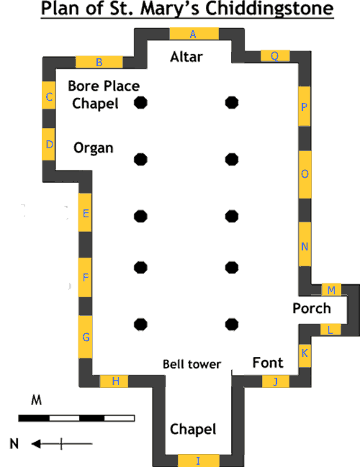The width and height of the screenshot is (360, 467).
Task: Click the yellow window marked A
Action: [x=194, y=34]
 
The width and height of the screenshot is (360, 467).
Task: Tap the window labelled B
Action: [x=99, y=63]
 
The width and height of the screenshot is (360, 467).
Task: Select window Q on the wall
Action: [x=275, y=56]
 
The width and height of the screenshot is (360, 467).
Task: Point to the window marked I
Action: [x=199, y=461]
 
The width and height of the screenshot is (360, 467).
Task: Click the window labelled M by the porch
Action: [x=331, y=290]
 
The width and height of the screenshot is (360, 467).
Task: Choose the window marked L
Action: [x=330, y=330]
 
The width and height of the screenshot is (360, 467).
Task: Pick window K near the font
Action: [x=305, y=355]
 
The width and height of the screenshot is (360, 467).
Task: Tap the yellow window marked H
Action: [x=114, y=381]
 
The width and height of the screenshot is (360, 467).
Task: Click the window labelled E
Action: [x=85, y=212]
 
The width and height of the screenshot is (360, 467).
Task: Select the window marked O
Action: [x=305, y=175]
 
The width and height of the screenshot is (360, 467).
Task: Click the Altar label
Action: [x=186, y=57]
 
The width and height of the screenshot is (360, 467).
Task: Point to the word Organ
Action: [x=94, y=148]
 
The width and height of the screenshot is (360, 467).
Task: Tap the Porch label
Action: [x=312, y=308]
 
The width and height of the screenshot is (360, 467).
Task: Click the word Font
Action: [x=268, y=363]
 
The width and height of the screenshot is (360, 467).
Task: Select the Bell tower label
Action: [x=192, y=364]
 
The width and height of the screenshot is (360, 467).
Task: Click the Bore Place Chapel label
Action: [x=104, y=95]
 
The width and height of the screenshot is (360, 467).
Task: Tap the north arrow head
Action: [x=36, y=444]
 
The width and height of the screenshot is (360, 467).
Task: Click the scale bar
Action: [x=76, y=418]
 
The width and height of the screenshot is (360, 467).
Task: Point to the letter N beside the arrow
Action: [x=14, y=444]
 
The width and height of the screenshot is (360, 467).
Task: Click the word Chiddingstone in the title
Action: [x=269, y=9]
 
